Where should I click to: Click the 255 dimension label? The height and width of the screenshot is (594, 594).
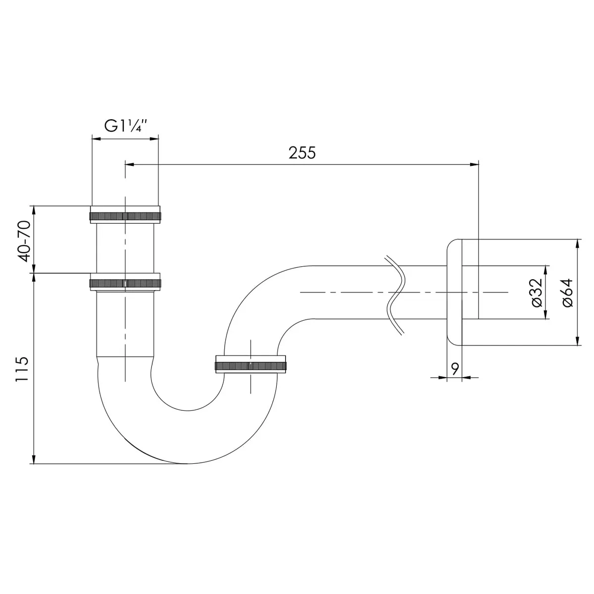click(302, 153)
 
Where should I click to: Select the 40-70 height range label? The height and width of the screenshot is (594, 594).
click(25, 241)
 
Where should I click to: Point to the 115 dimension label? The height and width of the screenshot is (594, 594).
click(22, 369)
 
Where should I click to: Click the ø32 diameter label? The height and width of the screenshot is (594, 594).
click(537, 293)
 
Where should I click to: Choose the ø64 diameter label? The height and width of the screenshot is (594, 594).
click(567, 293)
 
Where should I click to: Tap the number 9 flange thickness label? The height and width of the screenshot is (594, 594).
click(455, 369)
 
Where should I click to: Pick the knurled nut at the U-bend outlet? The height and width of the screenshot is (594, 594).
click(250, 366)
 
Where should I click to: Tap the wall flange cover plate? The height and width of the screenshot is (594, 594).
click(454, 292)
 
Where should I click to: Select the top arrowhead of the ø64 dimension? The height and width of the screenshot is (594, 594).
click(578, 244)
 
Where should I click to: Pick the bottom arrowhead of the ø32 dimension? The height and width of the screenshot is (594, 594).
click(546, 314)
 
